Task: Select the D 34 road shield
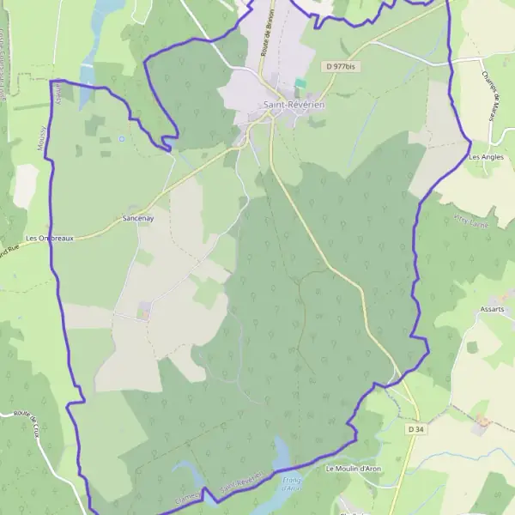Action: pyautogui.click(x=416, y=429)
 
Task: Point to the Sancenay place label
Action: pyautogui.click(x=138, y=219)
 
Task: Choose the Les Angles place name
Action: pyautogui.click(x=487, y=157)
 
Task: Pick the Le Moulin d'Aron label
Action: pyautogui.click(x=353, y=470)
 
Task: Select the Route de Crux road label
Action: pyautogui.click(x=32, y=426)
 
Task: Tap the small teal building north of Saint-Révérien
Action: pyautogui.click(x=300, y=84)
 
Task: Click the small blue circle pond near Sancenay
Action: pyautogui.click(x=122, y=138)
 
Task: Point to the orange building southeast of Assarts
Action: pyautogui.click(x=482, y=422)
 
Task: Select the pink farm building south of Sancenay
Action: pyautogui.click(x=143, y=310)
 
